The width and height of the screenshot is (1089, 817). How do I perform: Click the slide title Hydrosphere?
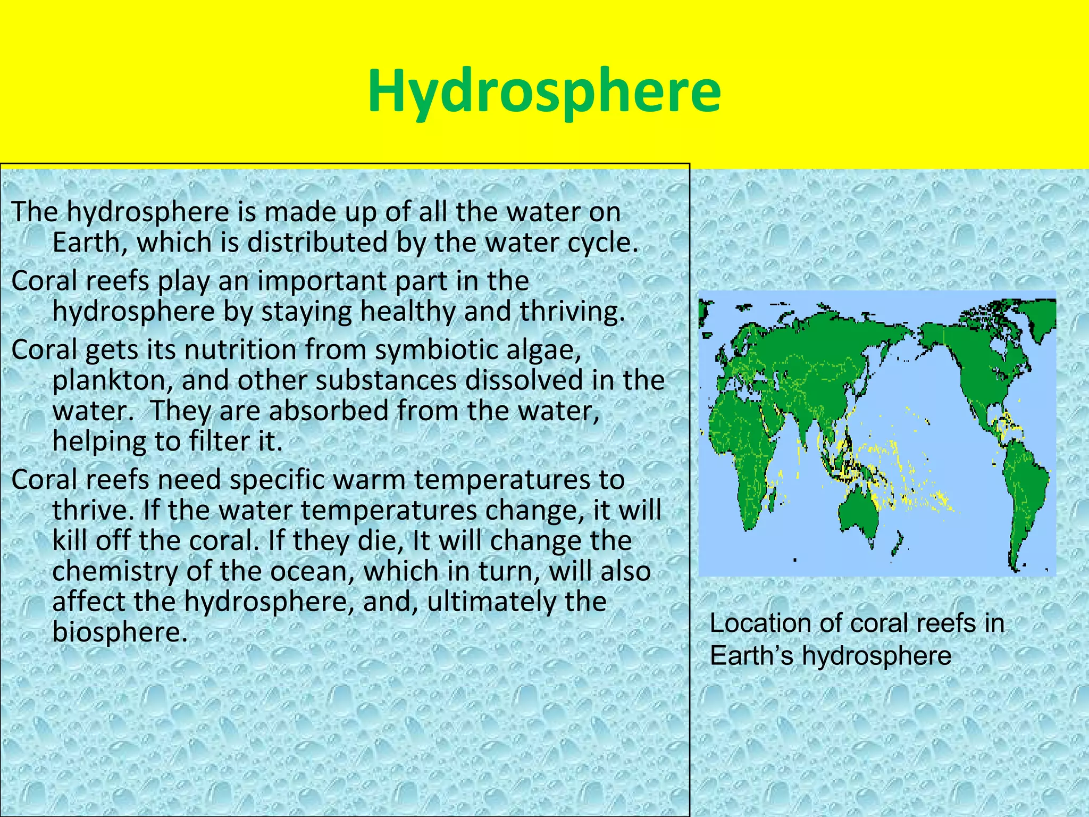pyautogui.click(x=544, y=91)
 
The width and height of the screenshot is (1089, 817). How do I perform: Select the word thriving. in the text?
pyautogui.click(x=572, y=312)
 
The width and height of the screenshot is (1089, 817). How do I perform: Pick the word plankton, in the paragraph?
pyautogui.click(x=112, y=381)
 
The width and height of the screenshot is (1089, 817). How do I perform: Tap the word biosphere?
pyautogui.click(x=120, y=632)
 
